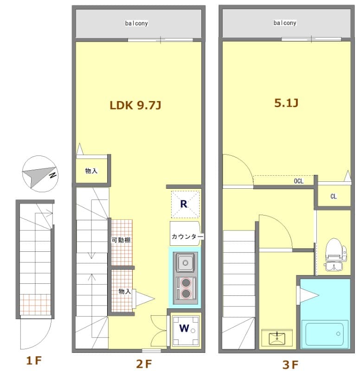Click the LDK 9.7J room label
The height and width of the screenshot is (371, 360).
[x=135, y=105]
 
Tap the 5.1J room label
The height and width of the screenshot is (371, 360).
[x=286, y=103]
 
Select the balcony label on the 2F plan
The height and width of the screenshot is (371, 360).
[x=136, y=23]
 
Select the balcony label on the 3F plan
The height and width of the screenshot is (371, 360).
[x=285, y=23]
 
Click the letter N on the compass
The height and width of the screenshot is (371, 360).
[x=52, y=175]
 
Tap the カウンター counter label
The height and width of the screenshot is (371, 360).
[x=187, y=237]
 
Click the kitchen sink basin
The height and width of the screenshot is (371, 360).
[x=186, y=262]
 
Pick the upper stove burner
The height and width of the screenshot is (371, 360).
[x=186, y=283]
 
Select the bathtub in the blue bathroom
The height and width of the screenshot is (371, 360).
[x=324, y=334]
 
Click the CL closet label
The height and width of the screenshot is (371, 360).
[x=334, y=196]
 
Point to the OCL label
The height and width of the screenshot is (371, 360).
[x=298, y=181]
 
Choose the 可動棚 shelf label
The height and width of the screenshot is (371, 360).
[x=121, y=240]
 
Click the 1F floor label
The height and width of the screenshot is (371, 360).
[x=34, y=361]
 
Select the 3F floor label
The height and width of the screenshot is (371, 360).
[x=290, y=365]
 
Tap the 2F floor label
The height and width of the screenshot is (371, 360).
[x=144, y=364]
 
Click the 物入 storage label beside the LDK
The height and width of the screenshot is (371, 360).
[x=91, y=171]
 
